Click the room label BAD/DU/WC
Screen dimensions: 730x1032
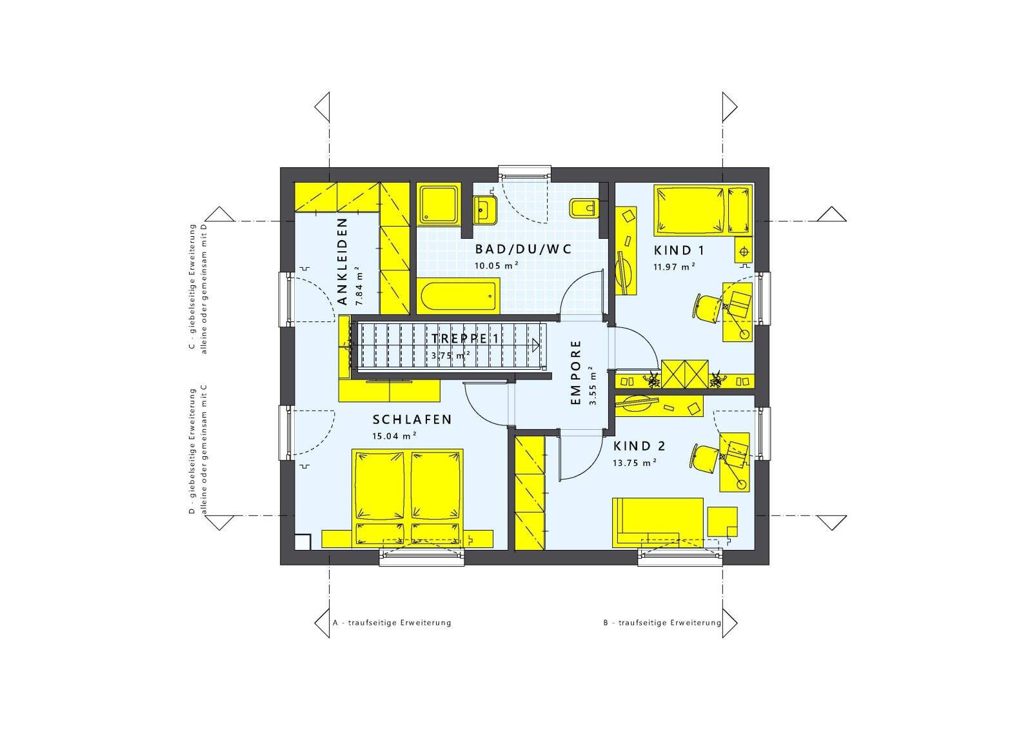(523, 249)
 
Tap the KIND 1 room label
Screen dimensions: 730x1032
(679, 250)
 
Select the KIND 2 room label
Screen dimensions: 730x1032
(639, 446)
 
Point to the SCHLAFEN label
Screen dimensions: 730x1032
(412, 420)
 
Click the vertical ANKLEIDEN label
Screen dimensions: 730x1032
(342, 261)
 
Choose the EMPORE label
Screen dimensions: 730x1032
(576, 373)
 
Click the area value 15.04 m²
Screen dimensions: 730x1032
(394, 436)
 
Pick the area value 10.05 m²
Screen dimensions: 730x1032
(497, 265)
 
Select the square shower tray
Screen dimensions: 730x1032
(439, 205)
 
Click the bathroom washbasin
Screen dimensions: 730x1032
(483, 208)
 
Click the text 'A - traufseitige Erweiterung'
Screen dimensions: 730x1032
(392, 623)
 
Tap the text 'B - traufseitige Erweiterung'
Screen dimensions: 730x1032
(662, 623)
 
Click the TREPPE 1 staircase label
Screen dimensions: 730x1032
(464, 339)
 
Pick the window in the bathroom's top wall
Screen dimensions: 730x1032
(524, 172)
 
